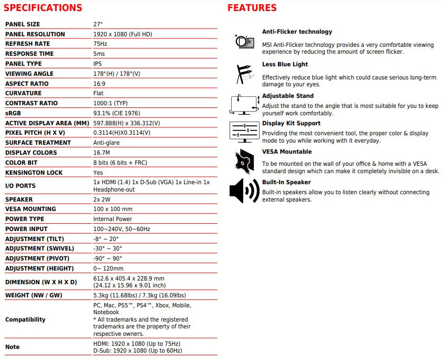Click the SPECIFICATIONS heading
(43, 8)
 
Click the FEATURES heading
(252, 8)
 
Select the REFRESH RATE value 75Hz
(100, 44)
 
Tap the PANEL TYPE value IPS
(97, 64)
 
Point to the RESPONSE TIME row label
(29, 54)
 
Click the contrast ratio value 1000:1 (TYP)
(111, 103)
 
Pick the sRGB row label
(13, 113)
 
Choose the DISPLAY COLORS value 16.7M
(102, 153)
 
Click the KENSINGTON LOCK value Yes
(98, 173)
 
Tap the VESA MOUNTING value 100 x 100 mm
(113, 209)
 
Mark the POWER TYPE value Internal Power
(113, 219)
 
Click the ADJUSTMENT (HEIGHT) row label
(39, 268)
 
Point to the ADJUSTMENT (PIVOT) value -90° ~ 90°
(107, 258)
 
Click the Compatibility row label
(25, 319)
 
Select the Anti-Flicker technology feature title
(297, 32)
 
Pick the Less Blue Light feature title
(285, 64)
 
